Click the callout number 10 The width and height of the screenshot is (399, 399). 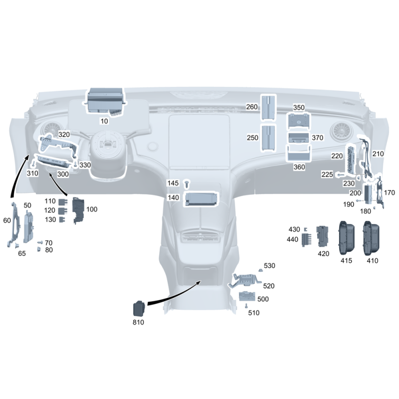coord(104,121)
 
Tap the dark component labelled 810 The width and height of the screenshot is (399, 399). coord(140,308)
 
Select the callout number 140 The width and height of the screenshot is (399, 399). coord(173,198)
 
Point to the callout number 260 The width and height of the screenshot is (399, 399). coord(252,107)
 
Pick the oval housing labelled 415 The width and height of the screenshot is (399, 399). coord(346,238)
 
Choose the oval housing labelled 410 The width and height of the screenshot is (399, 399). coord(371,238)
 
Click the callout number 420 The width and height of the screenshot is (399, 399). coord(323,254)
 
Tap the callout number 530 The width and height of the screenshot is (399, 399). coord(269,266)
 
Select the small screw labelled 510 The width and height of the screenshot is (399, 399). coord(246,306)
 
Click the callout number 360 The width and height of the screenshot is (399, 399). coord(299,167)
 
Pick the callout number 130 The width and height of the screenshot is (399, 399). coord(50,219)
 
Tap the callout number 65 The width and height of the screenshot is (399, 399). coord(22,253)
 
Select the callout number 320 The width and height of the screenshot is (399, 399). coord(64,134)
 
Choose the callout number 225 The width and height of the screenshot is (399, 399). coord(327,174)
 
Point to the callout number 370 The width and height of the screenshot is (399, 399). coord(318,138)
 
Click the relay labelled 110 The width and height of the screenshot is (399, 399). coord(63,202)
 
